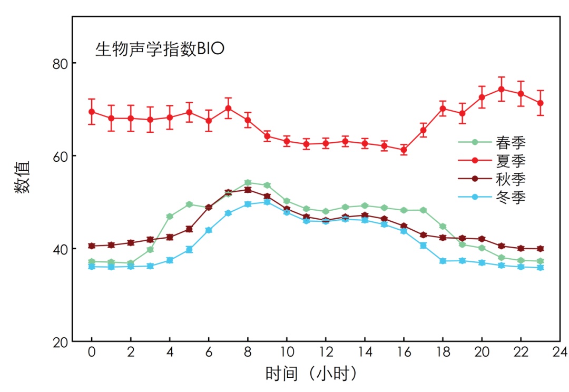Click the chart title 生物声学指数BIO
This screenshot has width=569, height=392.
[x=160, y=49]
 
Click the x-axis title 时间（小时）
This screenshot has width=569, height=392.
[x=312, y=375]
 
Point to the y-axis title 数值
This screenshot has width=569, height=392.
[x=23, y=179]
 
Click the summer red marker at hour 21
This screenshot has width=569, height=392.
[x=501, y=89]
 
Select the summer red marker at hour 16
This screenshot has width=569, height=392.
[x=404, y=150]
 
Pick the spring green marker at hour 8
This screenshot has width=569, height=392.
[x=248, y=182]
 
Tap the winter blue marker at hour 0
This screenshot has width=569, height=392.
[x=92, y=267]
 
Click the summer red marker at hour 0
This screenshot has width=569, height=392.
[x=92, y=112]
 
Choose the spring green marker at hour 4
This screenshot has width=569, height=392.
[x=170, y=217]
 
